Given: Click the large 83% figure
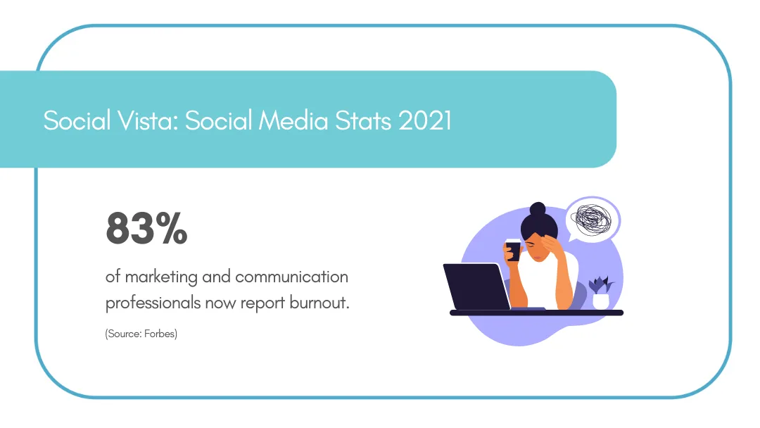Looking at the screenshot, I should (146, 229).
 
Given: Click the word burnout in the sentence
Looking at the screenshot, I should (317, 303).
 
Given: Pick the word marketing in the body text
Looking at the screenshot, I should (162, 277).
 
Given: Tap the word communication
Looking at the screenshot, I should (291, 277).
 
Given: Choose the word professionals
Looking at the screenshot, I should (153, 303).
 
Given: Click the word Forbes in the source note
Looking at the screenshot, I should (159, 334).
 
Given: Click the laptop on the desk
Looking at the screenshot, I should (476, 287).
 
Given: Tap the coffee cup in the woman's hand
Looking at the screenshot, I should (513, 250).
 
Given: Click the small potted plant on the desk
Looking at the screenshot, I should (600, 286).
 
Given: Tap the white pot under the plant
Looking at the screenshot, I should (600, 301).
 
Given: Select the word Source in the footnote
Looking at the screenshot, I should (122, 334).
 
